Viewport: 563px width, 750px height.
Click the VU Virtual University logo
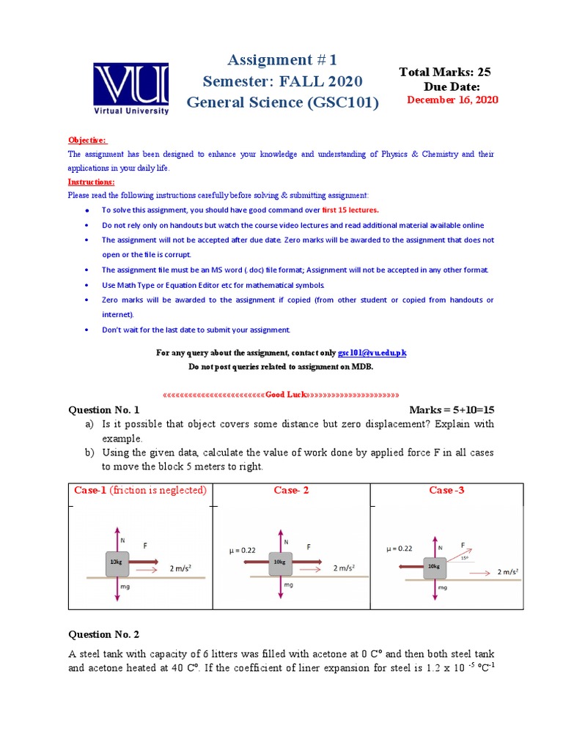[x=130, y=88]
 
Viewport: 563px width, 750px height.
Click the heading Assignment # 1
[x=283, y=59]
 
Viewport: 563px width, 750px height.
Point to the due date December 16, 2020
[x=452, y=100]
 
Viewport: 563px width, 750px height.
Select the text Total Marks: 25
[x=444, y=72]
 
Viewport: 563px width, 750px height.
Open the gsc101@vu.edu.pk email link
[x=372, y=353]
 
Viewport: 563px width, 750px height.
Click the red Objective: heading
[x=87, y=140]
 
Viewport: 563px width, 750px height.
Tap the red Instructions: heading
[x=92, y=182]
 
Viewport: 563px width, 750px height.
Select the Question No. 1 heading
[x=103, y=410]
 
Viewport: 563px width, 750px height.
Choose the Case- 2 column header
[x=291, y=490]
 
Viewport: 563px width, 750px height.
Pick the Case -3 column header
[x=446, y=490]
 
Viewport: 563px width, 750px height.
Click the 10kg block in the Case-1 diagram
[x=117, y=562]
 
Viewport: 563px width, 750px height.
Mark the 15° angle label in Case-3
[x=463, y=558]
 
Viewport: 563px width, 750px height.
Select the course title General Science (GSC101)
[x=283, y=103]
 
